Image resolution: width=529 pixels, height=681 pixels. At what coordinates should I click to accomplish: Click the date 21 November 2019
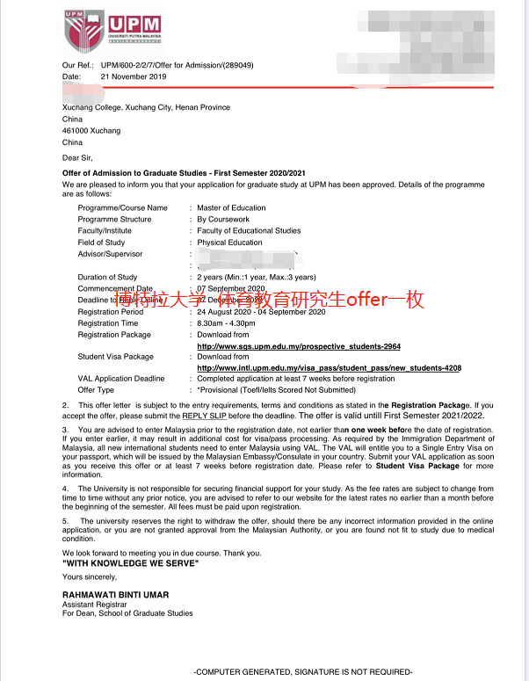click(x=134, y=76)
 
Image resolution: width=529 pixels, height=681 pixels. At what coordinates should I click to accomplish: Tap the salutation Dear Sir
click(x=77, y=157)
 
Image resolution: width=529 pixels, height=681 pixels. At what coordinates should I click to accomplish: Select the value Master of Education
click(x=231, y=208)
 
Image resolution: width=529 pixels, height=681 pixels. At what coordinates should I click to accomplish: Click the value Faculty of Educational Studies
click(x=249, y=231)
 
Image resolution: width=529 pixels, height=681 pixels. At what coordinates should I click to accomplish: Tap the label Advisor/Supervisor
click(x=110, y=254)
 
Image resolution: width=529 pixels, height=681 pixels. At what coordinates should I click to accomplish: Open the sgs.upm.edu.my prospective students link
click(x=299, y=346)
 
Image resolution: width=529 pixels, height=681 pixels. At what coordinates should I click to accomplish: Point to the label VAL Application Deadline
click(x=121, y=379)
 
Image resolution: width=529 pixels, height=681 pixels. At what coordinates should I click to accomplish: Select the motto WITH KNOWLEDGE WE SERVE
click(x=130, y=562)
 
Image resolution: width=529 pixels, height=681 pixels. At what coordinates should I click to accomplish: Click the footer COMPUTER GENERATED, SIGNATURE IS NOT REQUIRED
click(x=302, y=671)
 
